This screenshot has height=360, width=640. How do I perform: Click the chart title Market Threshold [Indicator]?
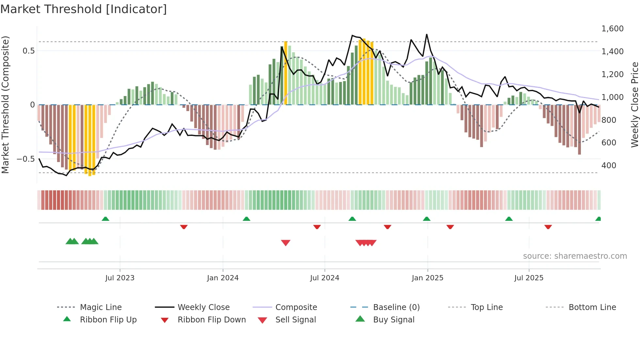[x=84, y=9]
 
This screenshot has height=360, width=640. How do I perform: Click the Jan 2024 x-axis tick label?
[x=223, y=278]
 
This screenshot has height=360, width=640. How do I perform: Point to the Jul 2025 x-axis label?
[x=529, y=278]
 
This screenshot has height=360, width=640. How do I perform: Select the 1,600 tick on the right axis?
[x=612, y=29]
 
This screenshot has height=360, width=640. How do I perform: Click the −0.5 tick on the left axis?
[x=25, y=159]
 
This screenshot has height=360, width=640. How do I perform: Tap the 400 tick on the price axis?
[x=609, y=166]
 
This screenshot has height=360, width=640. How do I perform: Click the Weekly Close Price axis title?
[x=634, y=105]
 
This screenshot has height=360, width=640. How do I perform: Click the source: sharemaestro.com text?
[x=575, y=256]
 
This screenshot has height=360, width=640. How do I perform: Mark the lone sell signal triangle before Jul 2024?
[x=286, y=243]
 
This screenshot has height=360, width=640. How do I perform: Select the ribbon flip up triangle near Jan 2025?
[x=426, y=219]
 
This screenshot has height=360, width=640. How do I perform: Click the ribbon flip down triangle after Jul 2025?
[x=548, y=227]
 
